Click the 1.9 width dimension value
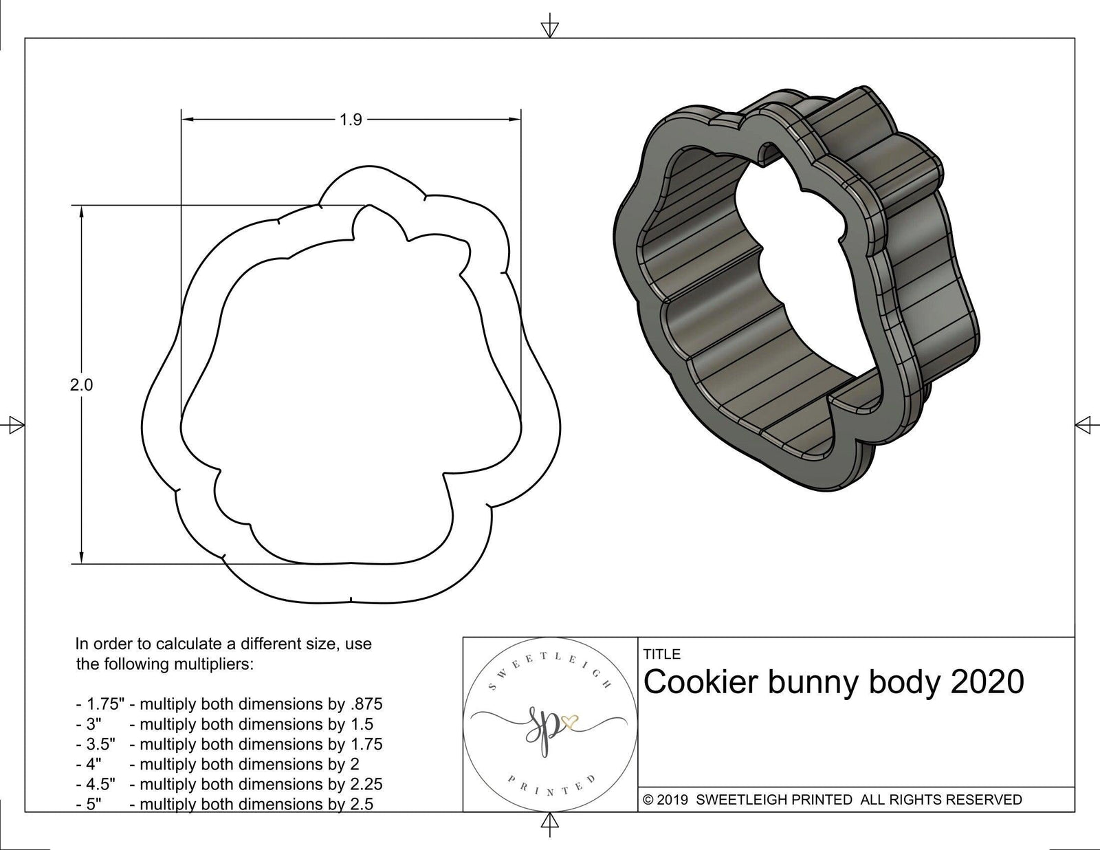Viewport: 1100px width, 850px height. (350, 120)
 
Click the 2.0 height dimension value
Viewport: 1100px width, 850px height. (81, 385)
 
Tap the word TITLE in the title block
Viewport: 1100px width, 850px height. (662, 654)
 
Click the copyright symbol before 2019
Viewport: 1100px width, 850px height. (648, 800)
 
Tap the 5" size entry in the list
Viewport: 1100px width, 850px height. (89, 804)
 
